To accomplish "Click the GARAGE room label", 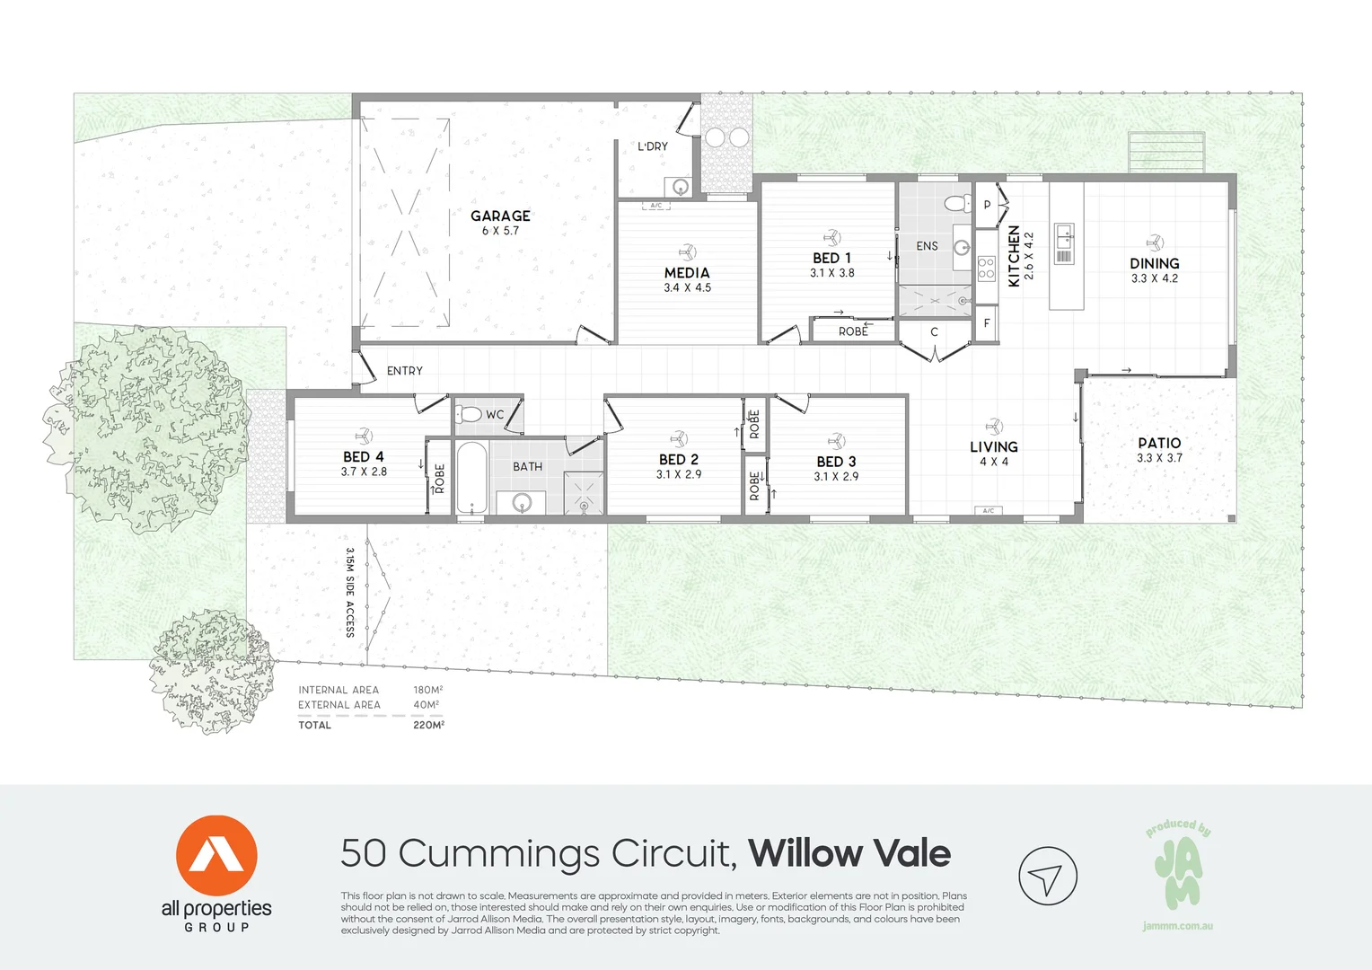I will pos(500,216).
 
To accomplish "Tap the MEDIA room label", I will pos(687,272).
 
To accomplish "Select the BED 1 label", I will pos(831,258).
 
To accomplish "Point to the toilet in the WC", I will pos(469,414).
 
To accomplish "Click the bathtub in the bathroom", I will pos(471,476).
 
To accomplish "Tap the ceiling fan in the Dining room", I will pos(1155,242).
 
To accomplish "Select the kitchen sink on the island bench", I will pos(1064,236).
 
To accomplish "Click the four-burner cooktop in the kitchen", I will pos(986,268).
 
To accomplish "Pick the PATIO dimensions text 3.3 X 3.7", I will pos(1159,458).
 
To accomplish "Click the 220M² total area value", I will pos(428,725).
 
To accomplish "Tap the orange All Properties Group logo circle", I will pos(216,855).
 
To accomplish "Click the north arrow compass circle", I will pos(1047,876).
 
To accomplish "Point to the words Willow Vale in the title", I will pos(849,853).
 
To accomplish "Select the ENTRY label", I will pos(404,371).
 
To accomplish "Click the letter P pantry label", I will pos(987,205).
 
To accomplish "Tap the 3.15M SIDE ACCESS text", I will pos(350,592).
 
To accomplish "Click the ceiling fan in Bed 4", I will pos(364,436).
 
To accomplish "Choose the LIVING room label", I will pos(993,446).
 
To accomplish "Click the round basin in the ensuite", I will pos(962,247).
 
